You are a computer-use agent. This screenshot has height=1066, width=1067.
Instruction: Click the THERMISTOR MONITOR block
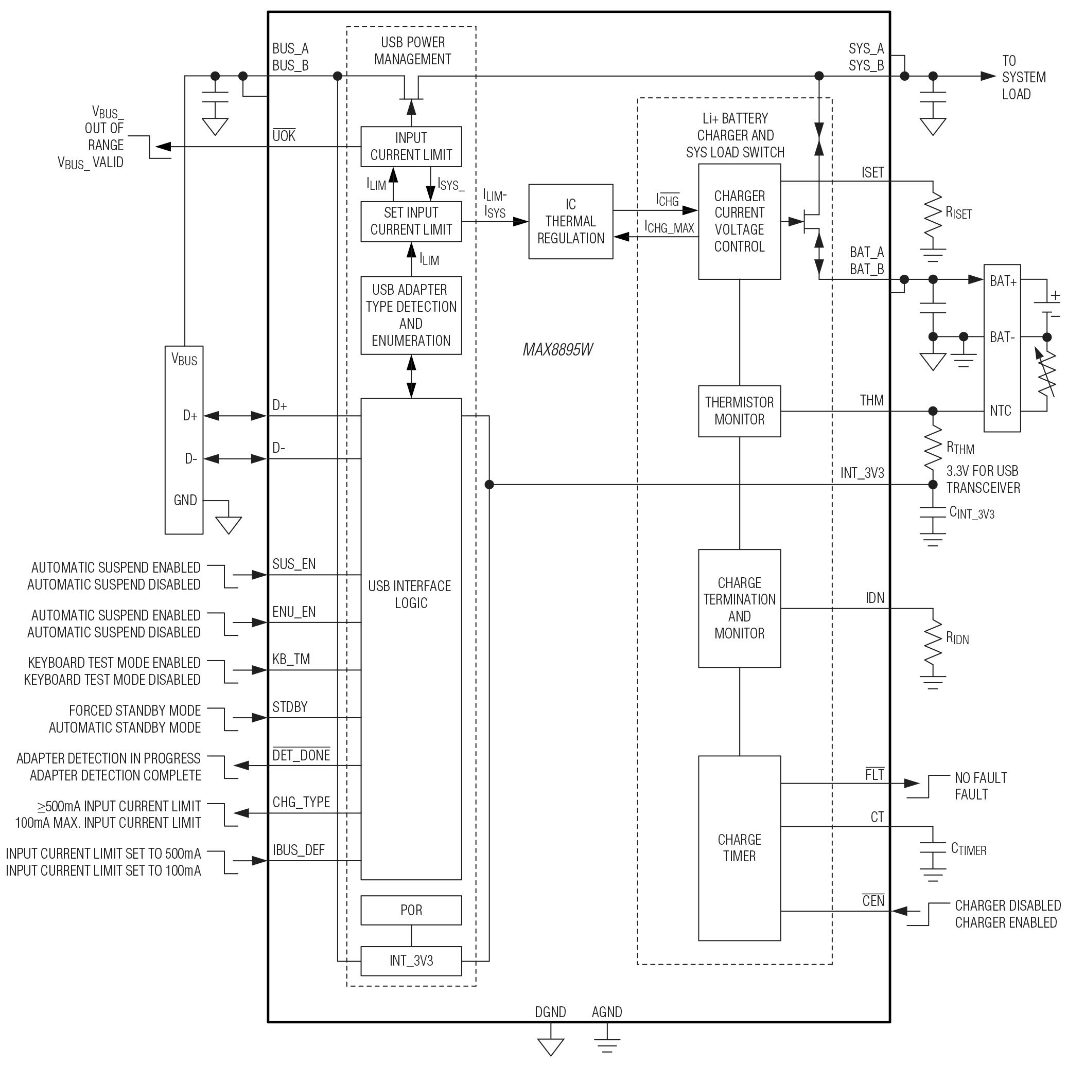(739, 411)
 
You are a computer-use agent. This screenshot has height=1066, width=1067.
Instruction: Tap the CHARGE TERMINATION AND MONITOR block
(739, 608)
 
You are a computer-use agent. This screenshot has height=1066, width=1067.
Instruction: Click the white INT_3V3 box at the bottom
(411, 961)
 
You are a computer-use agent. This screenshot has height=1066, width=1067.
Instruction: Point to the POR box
(411, 910)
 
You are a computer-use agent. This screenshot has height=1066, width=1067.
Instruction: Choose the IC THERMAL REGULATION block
(570, 221)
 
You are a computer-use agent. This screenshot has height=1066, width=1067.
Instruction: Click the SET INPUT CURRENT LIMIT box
(411, 221)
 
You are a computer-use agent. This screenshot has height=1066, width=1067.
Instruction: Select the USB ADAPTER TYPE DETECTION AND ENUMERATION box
(411, 315)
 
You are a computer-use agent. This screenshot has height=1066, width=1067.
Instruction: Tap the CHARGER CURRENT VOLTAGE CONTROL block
(739, 221)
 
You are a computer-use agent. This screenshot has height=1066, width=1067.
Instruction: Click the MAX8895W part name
(558, 350)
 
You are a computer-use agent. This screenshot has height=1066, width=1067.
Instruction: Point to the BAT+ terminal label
(1002, 281)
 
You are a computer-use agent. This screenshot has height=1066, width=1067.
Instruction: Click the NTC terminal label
(1000, 411)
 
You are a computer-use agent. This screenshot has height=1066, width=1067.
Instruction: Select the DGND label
(550, 1012)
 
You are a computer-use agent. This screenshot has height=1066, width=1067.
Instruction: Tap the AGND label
(606, 1012)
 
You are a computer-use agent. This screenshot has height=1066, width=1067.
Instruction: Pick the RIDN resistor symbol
(933, 641)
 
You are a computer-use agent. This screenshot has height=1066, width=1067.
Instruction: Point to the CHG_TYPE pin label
(301, 802)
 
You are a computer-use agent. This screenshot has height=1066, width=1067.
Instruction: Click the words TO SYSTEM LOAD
(1023, 77)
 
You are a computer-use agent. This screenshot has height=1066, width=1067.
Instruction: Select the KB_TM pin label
(291, 659)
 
